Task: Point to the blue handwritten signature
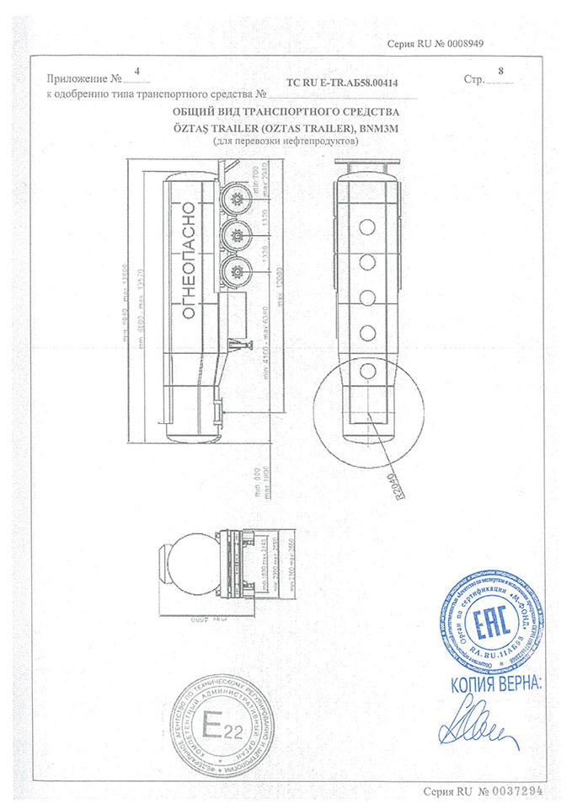click(480, 726)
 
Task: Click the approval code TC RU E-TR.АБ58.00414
click(341, 83)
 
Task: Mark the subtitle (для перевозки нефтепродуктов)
click(286, 142)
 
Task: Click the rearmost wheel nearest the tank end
click(235, 200)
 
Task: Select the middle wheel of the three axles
click(235, 234)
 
